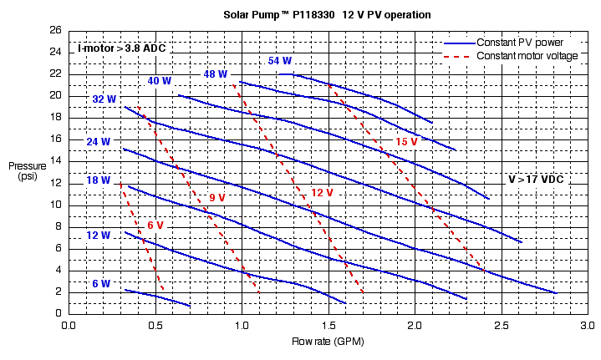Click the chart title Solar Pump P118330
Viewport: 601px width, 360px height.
click(x=327, y=14)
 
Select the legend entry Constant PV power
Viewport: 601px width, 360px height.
click(x=519, y=43)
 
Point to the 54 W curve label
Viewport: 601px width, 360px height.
click(x=280, y=61)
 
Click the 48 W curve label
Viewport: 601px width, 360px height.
click(x=215, y=74)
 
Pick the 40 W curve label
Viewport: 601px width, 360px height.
click(x=160, y=81)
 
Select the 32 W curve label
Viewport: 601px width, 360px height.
click(x=104, y=99)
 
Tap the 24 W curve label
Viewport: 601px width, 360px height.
click(x=99, y=142)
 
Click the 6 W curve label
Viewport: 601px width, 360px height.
click(x=101, y=284)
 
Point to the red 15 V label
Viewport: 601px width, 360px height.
click(x=406, y=142)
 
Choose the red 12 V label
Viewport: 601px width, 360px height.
click(x=322, y=193)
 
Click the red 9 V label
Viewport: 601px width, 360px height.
click(x=217, y=198)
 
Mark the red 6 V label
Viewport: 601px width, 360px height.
click(x=155, y=226)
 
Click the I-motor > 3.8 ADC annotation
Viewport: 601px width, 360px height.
click(x=122, y=48)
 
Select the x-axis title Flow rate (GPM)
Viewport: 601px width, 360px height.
click(x=326, y=343)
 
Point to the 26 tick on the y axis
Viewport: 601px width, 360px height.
click(x=56, y=30)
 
